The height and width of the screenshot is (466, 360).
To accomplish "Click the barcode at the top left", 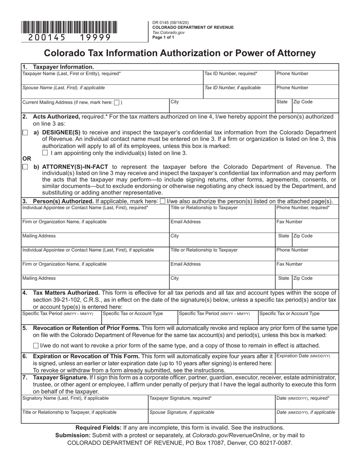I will (x=69, y=28).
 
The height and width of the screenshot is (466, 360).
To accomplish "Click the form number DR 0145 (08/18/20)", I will (x=170, y=23).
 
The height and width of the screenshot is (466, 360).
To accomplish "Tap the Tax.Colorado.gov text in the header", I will (x=168, y=33).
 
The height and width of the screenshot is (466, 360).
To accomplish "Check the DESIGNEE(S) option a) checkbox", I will (x=25, y=133).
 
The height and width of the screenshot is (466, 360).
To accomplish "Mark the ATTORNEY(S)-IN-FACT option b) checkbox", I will (x=25, y=167).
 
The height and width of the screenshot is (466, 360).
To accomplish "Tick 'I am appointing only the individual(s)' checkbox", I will (x=45, y=153).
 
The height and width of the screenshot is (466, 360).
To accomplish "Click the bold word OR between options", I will (x=27, y=159).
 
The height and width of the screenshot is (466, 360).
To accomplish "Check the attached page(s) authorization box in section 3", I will (x=163, y=201).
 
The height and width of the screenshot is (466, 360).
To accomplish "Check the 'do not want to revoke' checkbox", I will (x=36, y=345).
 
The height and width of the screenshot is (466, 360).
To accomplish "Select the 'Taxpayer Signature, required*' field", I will (x=211, y=402).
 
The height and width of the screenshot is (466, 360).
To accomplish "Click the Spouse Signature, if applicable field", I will (x=211, y=416).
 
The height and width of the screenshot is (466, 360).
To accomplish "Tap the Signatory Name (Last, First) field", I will (x=85, y=402).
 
